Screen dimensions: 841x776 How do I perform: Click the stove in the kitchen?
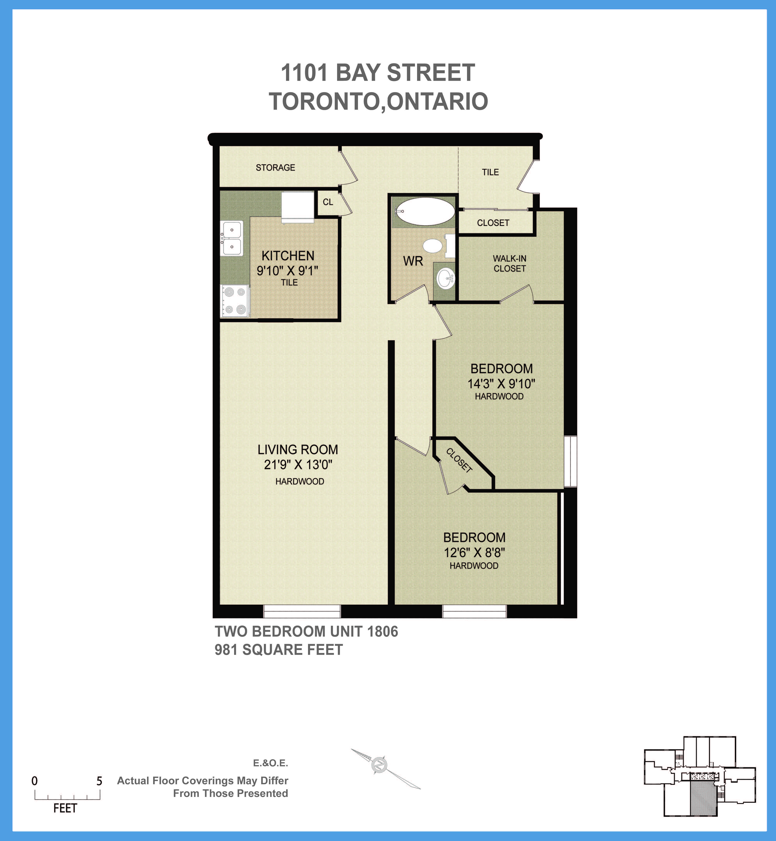pos(235,301)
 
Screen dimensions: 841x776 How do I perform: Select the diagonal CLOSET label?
pos(459,460)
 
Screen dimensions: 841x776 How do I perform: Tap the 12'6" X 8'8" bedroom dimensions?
pos(474,553)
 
